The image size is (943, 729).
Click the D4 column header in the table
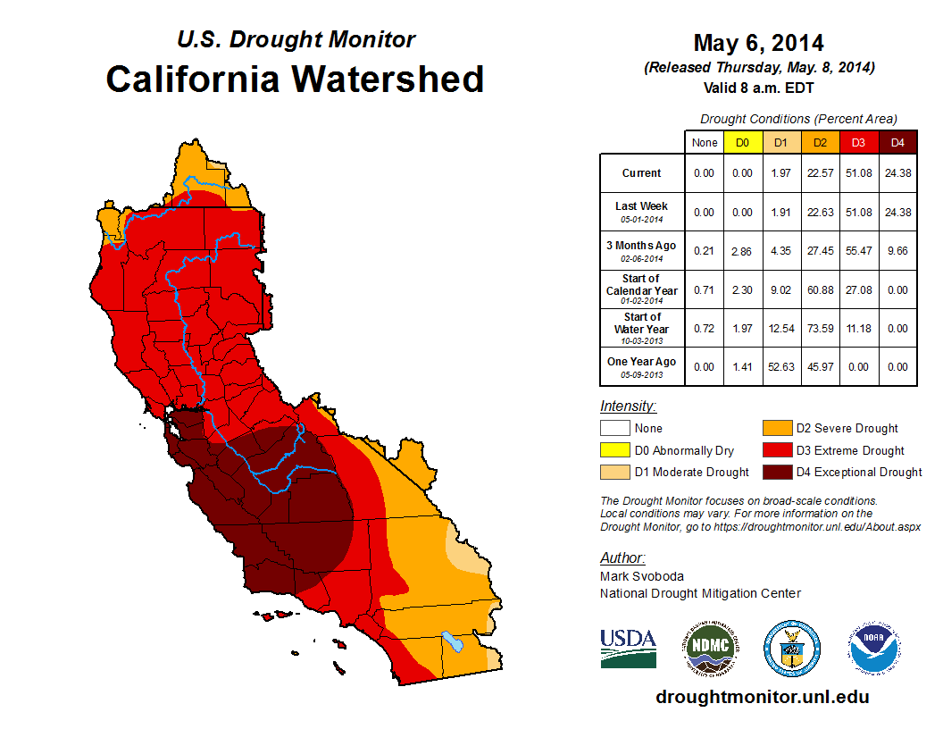tap(897, 142)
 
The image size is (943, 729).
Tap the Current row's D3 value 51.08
tap(858, 173)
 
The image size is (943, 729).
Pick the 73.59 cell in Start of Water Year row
tap(820, 328)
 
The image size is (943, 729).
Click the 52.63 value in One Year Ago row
tap(780, 366)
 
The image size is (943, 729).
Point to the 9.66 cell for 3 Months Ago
tap(897, 251)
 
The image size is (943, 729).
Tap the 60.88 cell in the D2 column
tap(820, 289)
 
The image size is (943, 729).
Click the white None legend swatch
tap(614, 429)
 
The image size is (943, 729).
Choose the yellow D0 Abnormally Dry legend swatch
tap(614, 450)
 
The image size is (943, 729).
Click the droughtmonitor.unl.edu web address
tap(762, 697)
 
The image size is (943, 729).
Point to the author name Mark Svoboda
tap(643, 576)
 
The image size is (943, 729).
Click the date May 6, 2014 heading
tap(758, 43)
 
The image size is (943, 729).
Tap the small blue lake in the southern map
tap(452, 641)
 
